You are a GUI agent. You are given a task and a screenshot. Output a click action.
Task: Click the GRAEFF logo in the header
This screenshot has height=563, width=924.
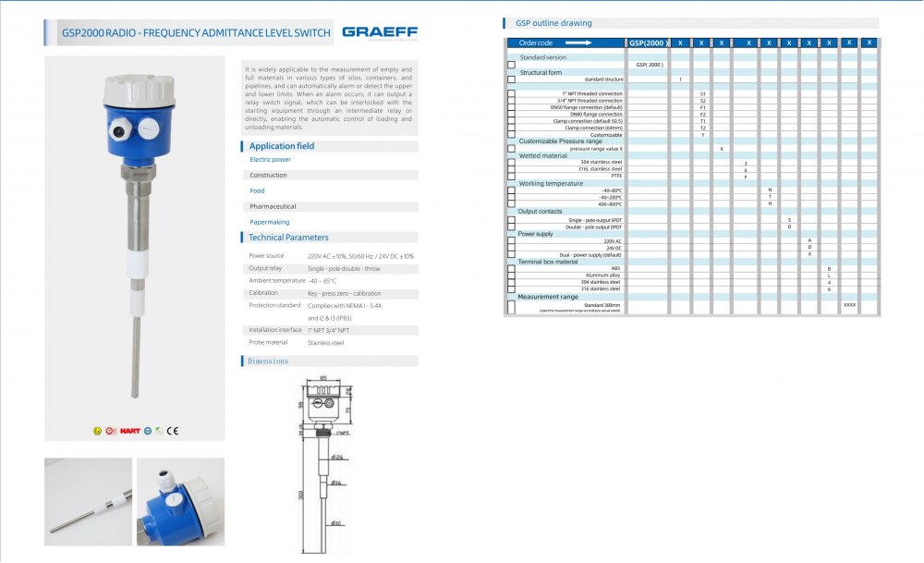coord(379,33)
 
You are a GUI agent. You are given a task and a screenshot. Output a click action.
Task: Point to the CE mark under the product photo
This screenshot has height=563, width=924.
coord(173,431)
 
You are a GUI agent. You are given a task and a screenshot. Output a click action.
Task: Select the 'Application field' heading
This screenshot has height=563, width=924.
coord(282,146)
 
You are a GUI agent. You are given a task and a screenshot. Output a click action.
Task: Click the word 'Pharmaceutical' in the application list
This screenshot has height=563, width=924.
coord(273,206)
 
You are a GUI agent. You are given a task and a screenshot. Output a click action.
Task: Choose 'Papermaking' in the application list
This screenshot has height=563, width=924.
coord(270,222)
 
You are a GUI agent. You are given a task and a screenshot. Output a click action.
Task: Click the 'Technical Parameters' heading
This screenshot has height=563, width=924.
coord(288,238)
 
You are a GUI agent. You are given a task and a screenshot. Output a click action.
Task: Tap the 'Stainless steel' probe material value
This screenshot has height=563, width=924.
coord(325,343)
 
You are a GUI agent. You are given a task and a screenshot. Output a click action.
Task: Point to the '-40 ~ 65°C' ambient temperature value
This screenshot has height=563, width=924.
coord(322,280)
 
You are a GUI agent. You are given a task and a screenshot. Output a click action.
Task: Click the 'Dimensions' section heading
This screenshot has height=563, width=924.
coord(268,361)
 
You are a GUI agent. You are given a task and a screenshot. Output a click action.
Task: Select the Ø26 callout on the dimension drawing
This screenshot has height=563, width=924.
coord(337,457)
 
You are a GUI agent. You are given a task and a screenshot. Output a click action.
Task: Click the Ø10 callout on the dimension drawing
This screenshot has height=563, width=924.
coord(337,523)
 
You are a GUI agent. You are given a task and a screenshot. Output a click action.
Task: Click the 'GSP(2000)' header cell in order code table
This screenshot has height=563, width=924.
coord(648,43)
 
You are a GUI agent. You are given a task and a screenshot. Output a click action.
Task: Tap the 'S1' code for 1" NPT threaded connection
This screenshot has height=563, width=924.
coord(702,93)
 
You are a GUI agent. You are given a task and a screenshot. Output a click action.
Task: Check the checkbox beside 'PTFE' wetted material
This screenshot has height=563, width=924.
coord(511,176)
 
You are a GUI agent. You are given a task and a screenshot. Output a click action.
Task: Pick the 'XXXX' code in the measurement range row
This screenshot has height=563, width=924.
coord(849,304)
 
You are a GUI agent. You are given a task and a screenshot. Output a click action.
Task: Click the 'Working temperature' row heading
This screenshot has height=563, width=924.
coord(551,183)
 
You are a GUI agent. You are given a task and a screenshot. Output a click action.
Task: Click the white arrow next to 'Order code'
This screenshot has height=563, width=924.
coord(578,43)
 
